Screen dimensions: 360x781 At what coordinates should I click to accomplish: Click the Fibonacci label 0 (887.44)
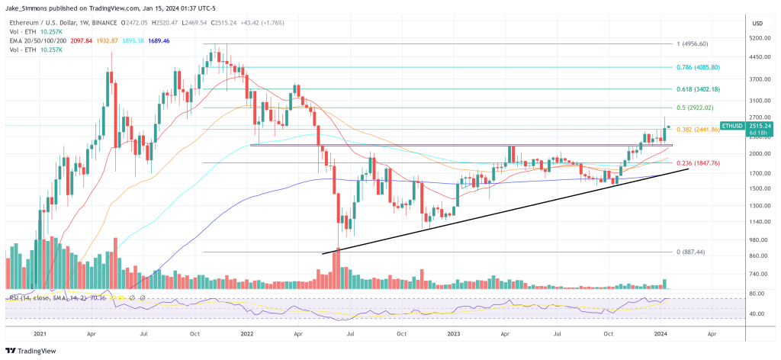click(x=690, y=252)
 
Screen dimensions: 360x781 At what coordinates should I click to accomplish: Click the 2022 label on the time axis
click(x=248, y=334)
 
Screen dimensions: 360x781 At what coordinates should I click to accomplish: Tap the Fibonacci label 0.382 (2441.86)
click(x=699, y=130)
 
